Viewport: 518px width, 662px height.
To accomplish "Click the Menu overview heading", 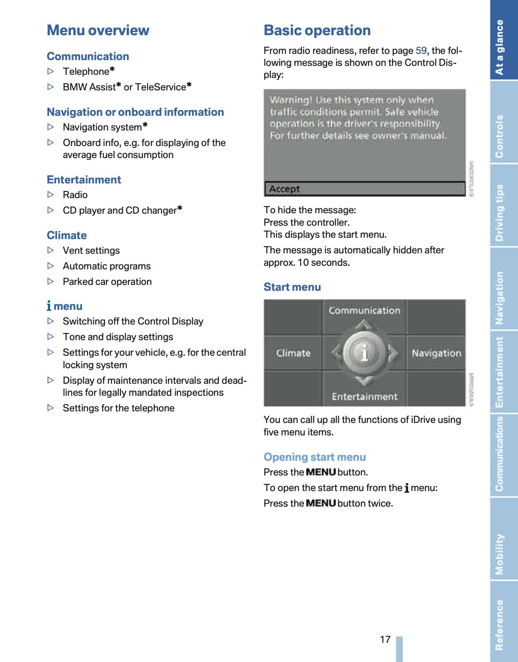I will click(98, 30).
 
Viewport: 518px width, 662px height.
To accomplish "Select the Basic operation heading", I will click(317, 30).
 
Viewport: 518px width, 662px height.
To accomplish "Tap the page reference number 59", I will click(421, 51).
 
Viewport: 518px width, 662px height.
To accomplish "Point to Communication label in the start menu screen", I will click(365, 310).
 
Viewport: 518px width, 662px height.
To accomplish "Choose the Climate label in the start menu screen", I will click(293, 353).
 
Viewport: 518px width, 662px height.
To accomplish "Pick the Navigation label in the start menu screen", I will click(436, 353).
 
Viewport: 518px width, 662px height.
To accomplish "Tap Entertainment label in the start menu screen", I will click(365, 396).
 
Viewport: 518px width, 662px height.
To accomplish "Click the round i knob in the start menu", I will click(364, 353).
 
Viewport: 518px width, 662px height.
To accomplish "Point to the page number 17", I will click(385, 639).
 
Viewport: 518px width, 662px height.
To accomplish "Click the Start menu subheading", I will click(292, 287).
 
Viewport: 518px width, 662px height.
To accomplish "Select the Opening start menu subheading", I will click(315, 457).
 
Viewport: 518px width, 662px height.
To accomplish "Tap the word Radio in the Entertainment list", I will click(75, 195).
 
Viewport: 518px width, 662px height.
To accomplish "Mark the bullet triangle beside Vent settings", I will click(51, 250).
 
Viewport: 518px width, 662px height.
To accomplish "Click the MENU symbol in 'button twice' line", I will click(321, 503).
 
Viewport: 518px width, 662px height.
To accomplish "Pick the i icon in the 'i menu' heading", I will click(49, 306).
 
